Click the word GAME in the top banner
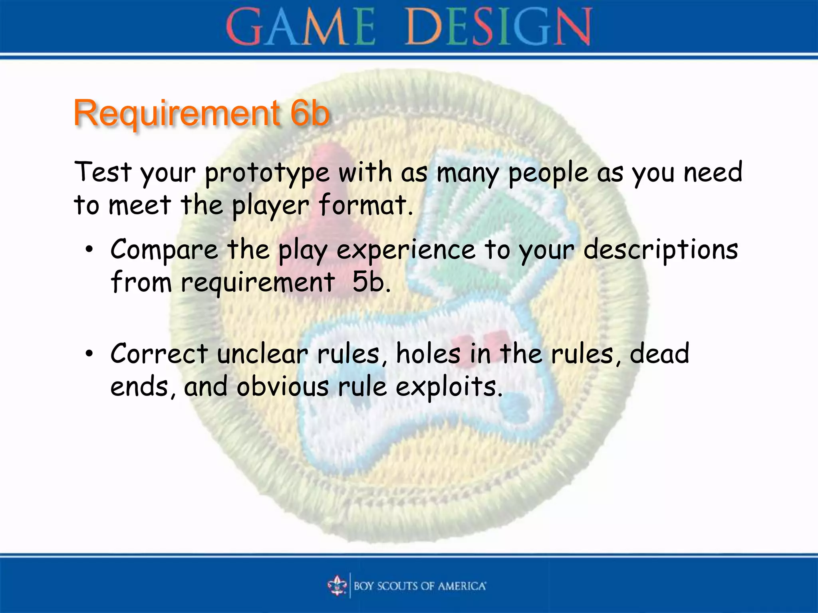(300, 27)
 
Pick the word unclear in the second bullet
(262, 354)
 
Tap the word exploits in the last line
(449, 388)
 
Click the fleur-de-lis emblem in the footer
(338, 585)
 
